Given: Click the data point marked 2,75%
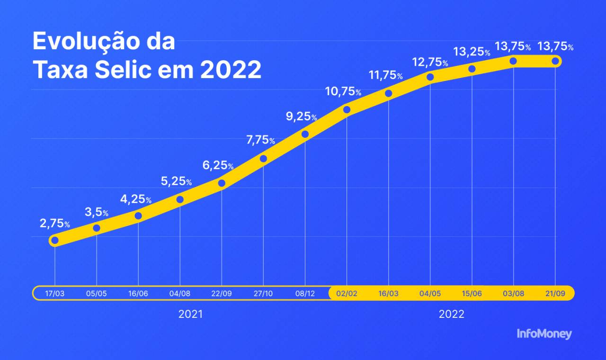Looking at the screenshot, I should coord(55,241).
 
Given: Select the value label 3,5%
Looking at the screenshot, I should coord(97,212).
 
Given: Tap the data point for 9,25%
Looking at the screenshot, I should coord(305,134).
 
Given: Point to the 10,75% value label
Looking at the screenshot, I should coord(343,91).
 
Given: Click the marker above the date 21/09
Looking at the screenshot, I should coord(555,61).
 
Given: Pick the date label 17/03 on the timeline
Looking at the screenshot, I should coord(55,294).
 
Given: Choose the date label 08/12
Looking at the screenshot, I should coord(305,294).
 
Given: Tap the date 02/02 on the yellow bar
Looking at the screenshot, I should coord(347,294).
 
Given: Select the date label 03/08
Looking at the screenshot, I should coord(513,294).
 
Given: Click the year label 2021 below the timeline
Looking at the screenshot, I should coord(190,315).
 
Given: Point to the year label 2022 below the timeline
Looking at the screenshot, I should coord(451,315).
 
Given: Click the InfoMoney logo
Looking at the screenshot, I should coord(544,334).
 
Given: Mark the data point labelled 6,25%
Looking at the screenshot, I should coord(222,183).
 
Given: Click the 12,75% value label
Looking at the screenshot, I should coord(430,62).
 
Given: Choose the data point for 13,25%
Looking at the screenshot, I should coord(472,69).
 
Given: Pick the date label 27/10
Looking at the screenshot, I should coord(263,294).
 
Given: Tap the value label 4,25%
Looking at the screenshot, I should coord(135,199).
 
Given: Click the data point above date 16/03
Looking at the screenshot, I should coord(388,93).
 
